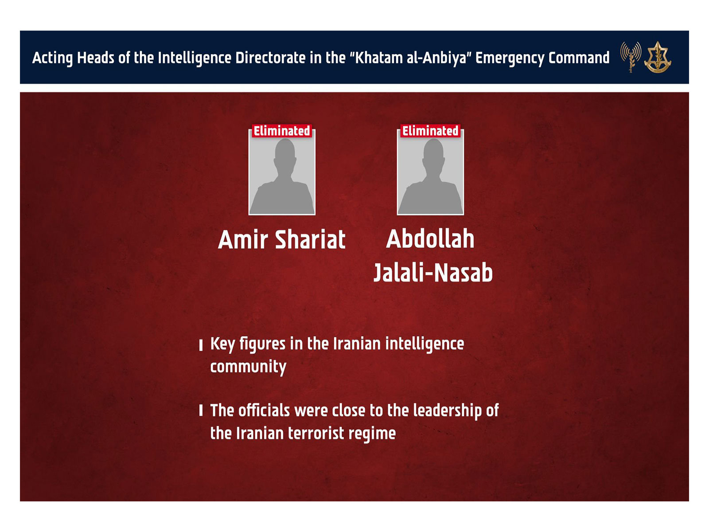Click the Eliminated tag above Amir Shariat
pyautogui.click(x=282, y=131)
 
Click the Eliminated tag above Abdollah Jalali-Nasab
pyautogui.click(x=430, y=131)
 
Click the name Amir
pyautogui.click(x=243, y=240)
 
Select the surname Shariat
pyautogui.click(x=310, y=240)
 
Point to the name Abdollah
pyautogui.click(x=430, y=239)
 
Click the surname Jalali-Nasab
pyautogui.click(x=433, y=272)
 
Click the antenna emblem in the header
pyautogui.click(x=631, y=56)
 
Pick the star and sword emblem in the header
pyautogui.click(x=658, y=57)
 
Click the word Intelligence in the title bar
pyautogui.click(x=194, y=58)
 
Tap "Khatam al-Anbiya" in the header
pyautogui.click(x=410, y=58)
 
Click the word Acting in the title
pyautogui.click(x=52, y=58)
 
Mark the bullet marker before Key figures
pyautogui.click(x=201, y=344)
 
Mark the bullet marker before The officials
pyautogui.click(x=201, y=411)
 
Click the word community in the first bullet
pyautogui.click(x=248, y=367)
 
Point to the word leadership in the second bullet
pyautogui.click(x=447, y=411)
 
